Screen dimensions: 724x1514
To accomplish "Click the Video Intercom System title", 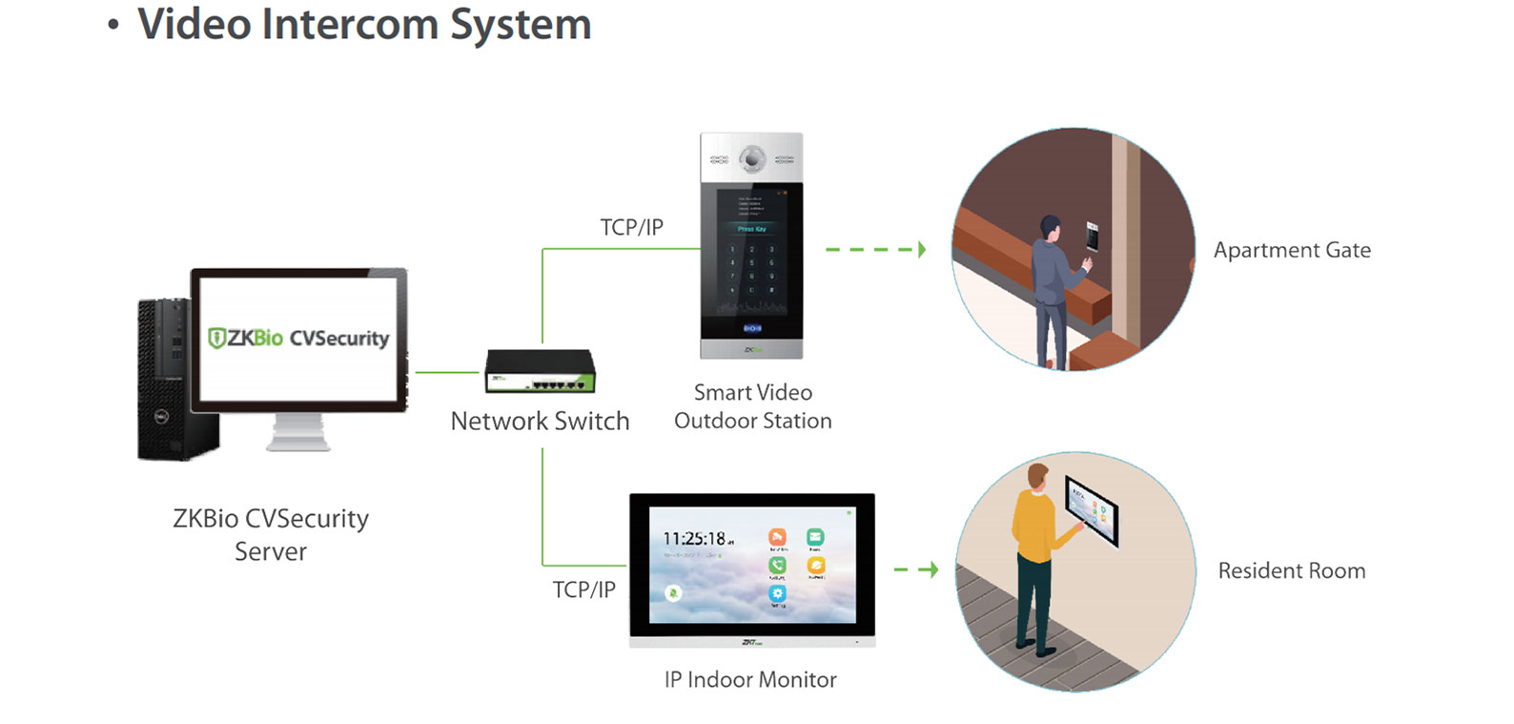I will click(363, 25).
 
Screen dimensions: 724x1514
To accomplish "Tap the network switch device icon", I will click(540, 372).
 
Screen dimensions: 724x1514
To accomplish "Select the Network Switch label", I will click(540, 422).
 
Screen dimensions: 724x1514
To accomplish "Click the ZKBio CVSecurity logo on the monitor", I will click(298, 339).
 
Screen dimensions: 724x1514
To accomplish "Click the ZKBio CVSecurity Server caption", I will click(271, 535).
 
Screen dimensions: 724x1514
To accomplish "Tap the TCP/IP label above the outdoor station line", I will click(631, 228).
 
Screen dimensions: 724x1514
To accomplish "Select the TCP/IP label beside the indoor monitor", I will click(583, 590).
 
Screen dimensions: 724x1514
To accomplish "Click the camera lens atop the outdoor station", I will click(752, 159).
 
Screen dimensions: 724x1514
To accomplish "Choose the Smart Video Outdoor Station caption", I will click(752, 406).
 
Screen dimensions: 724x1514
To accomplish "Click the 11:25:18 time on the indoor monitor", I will click(695, 539).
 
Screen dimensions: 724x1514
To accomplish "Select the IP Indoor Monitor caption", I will click(750, 680).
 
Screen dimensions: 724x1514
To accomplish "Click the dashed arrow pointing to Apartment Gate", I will click(875, 250).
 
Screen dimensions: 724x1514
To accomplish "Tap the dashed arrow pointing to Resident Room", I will click(916, 569).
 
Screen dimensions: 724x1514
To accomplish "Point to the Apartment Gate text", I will click(1292, 251).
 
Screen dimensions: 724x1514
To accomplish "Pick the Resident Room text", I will click(1292, 571).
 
